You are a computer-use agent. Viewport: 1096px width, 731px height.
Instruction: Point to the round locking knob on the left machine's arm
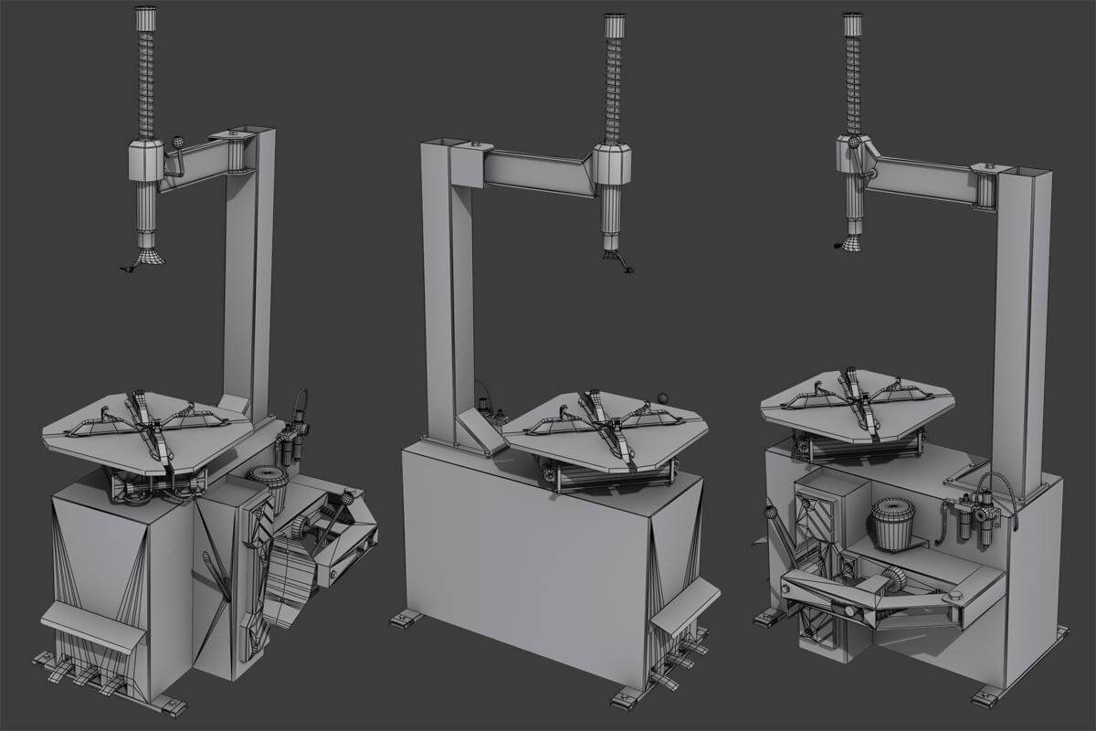coord(178,143)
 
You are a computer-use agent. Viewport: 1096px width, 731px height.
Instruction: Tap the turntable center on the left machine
coord(150,423)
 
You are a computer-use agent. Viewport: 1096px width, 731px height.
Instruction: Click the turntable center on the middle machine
coord(606,426)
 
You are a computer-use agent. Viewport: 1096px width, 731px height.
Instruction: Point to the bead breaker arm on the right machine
coord(877,594)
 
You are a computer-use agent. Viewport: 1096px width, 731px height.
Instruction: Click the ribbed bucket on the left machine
coord(269,490)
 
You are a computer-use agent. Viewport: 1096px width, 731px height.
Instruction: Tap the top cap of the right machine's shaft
coord(852,24)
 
